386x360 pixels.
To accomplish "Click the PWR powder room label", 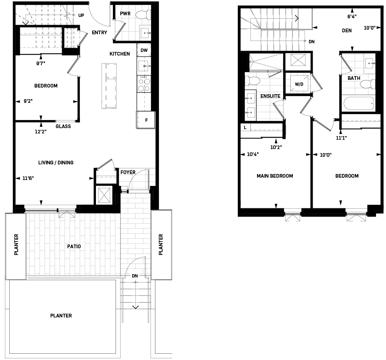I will pyautogui.click(x=125, y=14).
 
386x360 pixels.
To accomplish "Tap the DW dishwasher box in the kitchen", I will pyautogui.click(x=144, y=51).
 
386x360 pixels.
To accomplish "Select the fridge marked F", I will pyautogui.click(x=146, y=120).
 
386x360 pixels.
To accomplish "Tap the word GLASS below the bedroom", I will pyautogui.click(x=63, y=126).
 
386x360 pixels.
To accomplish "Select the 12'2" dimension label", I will pyautogui.click(x=41, y=131).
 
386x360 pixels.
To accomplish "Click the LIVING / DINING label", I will pyautogui.click(x=56, y=163).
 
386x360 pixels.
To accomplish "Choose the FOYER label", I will pyautogui.click(x=128, y=172).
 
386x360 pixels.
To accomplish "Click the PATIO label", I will pyautogui.click(x=74, y=247).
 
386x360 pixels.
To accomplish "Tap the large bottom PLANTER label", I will pyautogui.click(x=61, y=315).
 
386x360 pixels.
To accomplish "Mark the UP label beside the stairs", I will pyautogui.click(x=81, y=15).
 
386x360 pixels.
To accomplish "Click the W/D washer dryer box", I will pyautogui.click(x=299, y=84).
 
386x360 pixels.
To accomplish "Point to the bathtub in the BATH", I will pyautogui.click(x=358, y=104).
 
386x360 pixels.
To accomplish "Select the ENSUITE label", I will pyautogui.click(x=270, y=96).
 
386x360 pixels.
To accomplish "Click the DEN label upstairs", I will pyautogui.click(x=347, y=31).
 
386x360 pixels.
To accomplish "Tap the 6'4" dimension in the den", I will pyautogui.click(x=352, y=16).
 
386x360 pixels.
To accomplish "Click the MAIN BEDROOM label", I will pyautogui.click(x=275, y=176).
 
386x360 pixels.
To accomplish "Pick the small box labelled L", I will pyautogui.click(x=245, y=127).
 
